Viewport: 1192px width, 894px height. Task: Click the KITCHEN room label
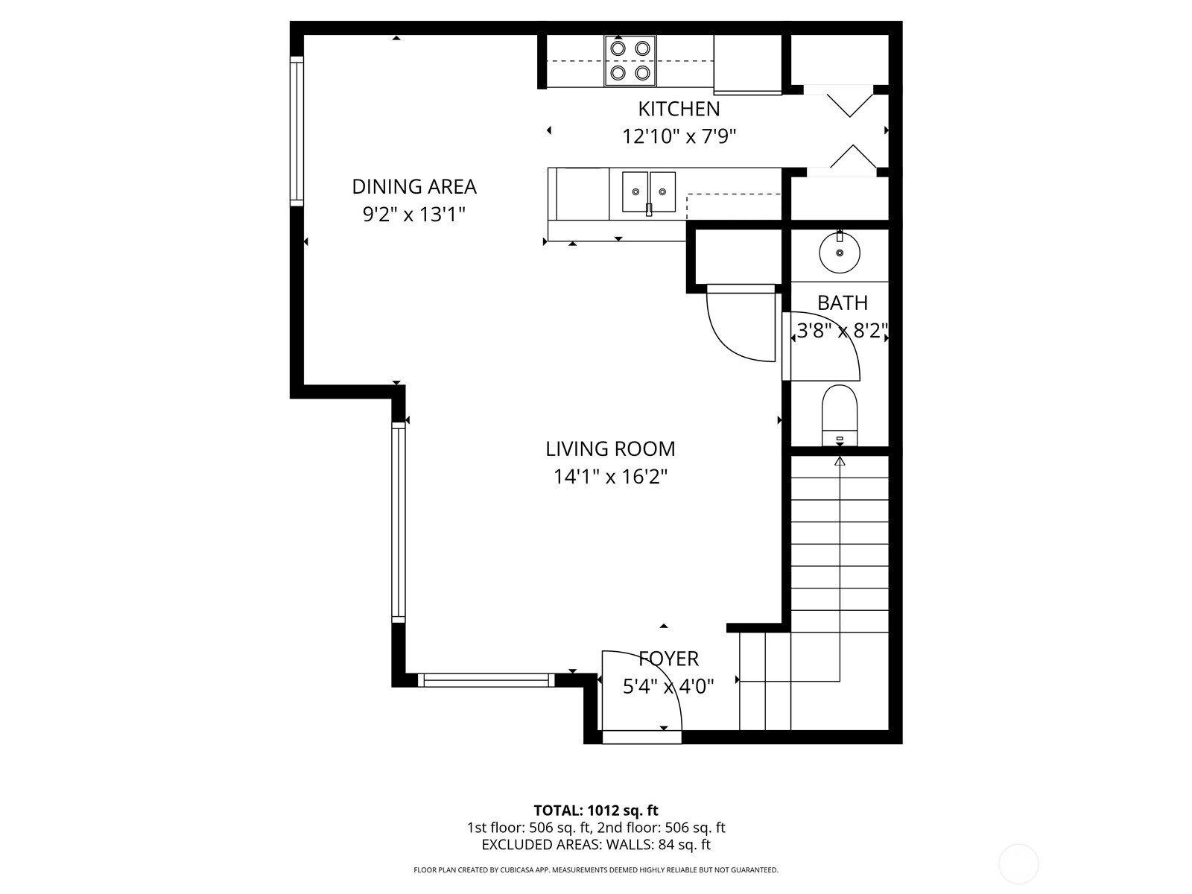[679, 109]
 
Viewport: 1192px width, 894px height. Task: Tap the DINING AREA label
[413, 187]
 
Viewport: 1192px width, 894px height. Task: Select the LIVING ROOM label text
[610, 449]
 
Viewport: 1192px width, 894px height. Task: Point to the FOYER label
[668, 659]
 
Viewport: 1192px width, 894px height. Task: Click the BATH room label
[843, 303]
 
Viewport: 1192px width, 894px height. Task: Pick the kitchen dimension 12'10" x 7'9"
[679, 137]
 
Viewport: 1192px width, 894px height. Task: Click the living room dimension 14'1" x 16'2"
[610, 477]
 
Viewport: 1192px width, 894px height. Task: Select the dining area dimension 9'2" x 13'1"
[413, 215]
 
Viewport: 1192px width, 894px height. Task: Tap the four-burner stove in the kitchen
[630, 61]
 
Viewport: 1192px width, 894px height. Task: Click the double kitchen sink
[649, 192]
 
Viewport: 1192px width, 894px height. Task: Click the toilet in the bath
[840, 415]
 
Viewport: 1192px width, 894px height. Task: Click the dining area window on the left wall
[297, 131]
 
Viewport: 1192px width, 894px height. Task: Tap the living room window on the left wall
[398, 522]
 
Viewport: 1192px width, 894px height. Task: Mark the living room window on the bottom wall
[486, 680]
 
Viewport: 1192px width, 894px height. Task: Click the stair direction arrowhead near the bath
[840, 461]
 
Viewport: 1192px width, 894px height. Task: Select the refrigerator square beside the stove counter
[747, 64]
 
